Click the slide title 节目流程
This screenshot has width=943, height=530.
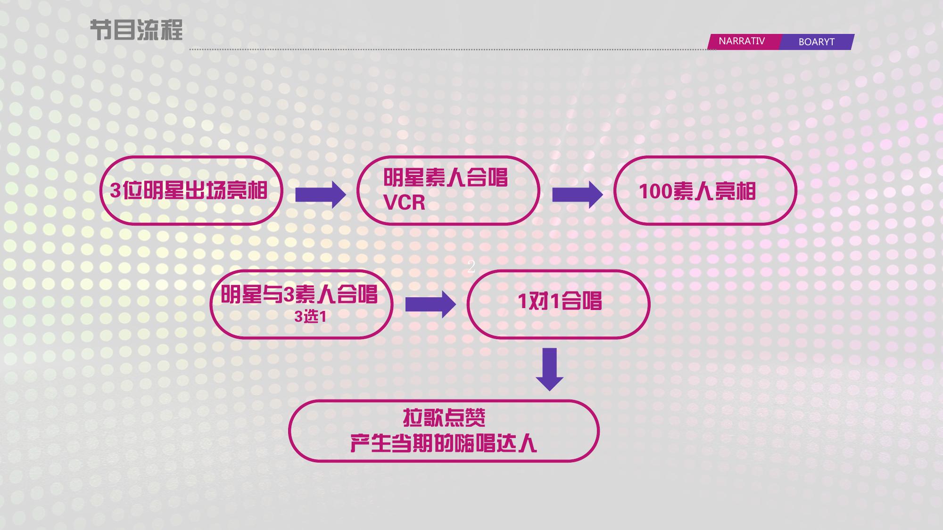[x=136, y=30]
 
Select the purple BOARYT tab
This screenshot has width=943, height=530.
[x=817, y=42]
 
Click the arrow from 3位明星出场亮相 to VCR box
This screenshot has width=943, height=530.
[x=321, y=195]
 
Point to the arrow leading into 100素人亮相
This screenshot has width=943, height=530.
[x=578, y=195]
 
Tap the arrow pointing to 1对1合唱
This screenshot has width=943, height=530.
[x=430, y=304]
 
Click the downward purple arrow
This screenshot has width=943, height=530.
[x=550, y=369]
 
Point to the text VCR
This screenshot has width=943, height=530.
[x=404, y=203]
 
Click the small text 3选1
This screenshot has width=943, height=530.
[x=310, y=317]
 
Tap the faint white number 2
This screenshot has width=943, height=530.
[x=471, y=267]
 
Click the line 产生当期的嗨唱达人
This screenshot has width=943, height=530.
[x=443, y=443]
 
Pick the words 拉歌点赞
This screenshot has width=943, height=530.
[x=444, y=417]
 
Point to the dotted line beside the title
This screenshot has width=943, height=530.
[x=453, y=49]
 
